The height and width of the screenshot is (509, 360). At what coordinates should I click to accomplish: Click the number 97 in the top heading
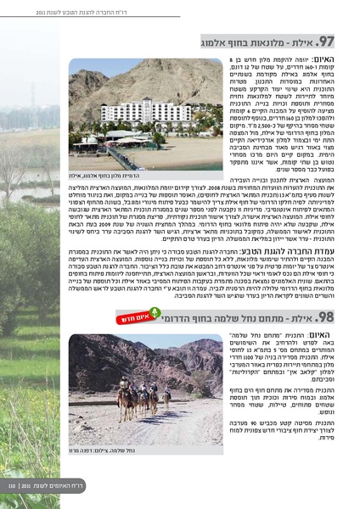coord(329,42)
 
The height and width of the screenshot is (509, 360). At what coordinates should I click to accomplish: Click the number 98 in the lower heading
coord(329,317)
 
